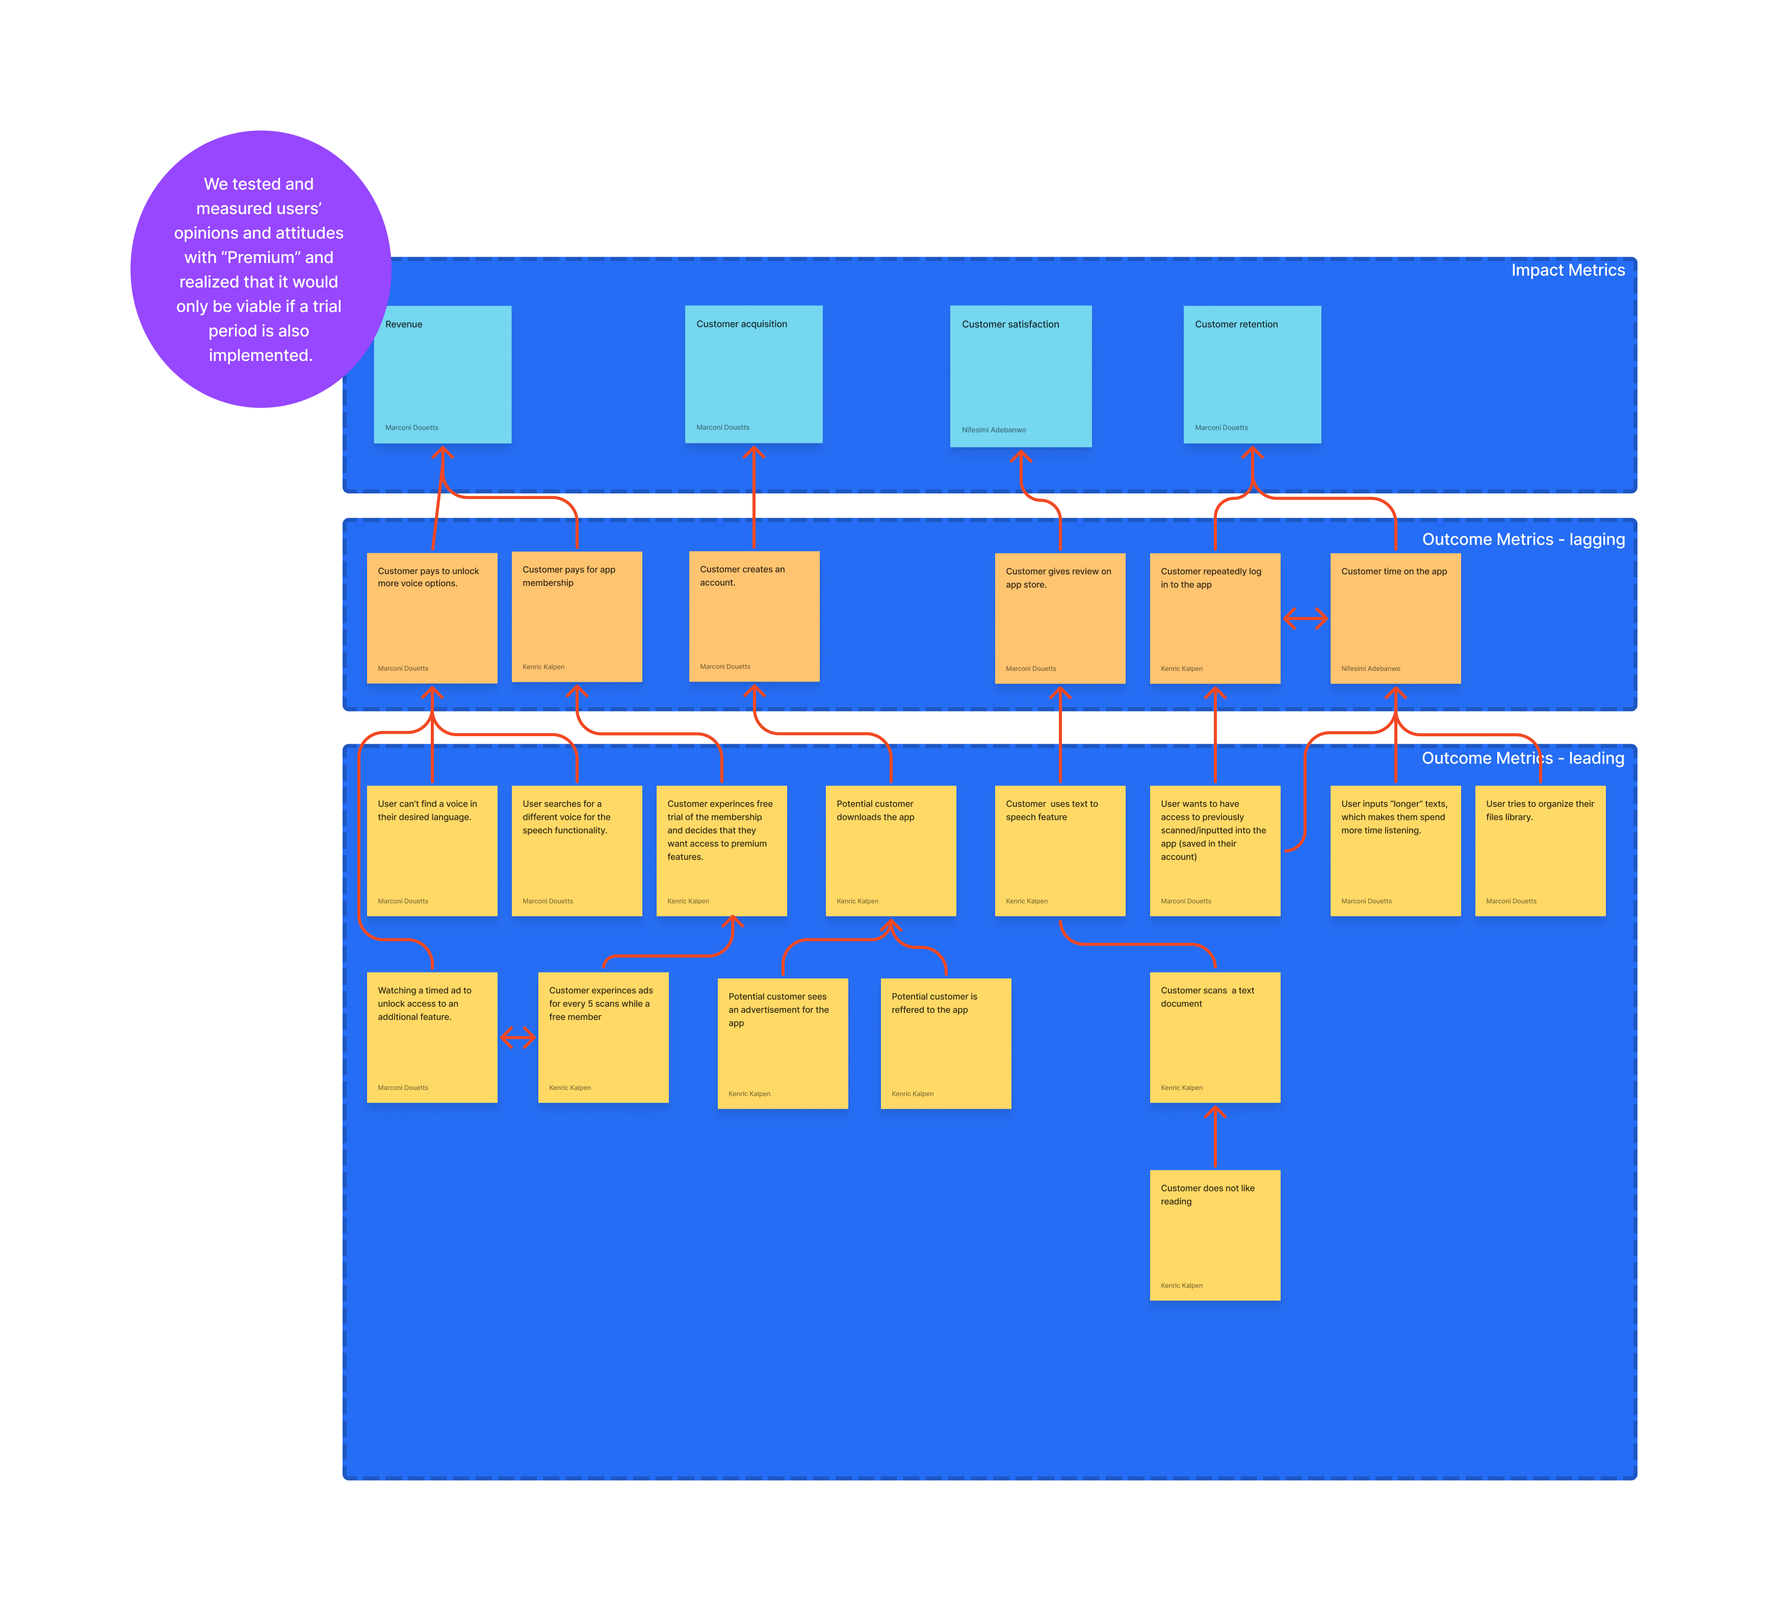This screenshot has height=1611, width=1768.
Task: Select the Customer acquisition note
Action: (753, 375)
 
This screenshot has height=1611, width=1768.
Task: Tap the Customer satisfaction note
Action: (1020, 376)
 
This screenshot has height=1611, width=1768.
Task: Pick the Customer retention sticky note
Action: (1252, 375)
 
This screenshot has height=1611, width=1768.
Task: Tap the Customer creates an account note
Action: (753, 616)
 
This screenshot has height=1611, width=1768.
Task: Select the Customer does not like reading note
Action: (1215, 1235)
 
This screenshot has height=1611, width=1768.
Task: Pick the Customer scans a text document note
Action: (1215, 1037)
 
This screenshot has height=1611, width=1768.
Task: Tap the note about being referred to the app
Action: (945, 1044)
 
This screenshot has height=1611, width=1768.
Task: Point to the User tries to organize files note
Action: (1540, 851)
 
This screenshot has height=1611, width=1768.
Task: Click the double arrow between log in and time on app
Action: (1305, 619)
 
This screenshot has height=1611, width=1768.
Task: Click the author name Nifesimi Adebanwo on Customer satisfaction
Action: (994, 430)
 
